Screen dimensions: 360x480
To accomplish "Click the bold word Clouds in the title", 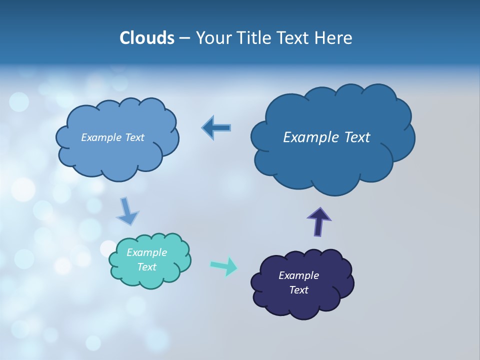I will pyautogui.click(x=146, y=38).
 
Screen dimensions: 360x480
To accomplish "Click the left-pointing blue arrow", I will pyautogui.click(x=216, y=127).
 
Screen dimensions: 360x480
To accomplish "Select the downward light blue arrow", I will pyautogui.click(x=127, y=211).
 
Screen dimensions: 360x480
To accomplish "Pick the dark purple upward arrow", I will pyautogui.click(x=318, y=221).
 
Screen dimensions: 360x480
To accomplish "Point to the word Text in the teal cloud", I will pyautogui.click(x=146, y=267).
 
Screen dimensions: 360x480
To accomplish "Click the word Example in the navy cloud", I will pyautogui.click(x=298, y=275).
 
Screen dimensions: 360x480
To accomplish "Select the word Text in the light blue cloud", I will pyautogui.click(x=134, y=137).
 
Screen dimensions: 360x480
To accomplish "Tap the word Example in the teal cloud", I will pyautogui.click(x=146, y=252).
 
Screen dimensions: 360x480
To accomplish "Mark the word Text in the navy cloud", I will pyautogui.click(x=298, y=290).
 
